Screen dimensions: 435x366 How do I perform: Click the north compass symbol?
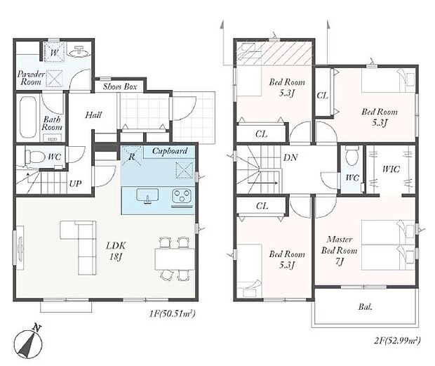click(28, 343)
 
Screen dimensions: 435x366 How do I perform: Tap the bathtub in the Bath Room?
click(28, 117)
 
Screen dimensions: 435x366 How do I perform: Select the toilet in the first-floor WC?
click(35, 157)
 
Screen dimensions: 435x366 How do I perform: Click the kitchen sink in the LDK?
click(147, 195)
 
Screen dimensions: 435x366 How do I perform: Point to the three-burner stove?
click(182, 196)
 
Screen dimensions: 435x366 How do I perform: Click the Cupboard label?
click(170, 151)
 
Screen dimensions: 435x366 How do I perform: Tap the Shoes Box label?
click(120, 86)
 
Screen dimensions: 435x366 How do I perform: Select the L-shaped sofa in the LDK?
click(79, 247)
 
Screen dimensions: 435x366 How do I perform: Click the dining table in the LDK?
click(175, 259)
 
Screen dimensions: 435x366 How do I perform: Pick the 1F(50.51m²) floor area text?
click(172, 314)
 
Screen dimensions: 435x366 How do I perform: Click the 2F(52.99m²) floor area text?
click(397, 341)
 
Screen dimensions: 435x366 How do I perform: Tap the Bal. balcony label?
click(365, 307)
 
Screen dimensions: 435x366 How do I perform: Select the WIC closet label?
click(391, 169)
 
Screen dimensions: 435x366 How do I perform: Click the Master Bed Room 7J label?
click(340, 250)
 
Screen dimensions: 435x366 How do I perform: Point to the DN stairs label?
click(290, 158)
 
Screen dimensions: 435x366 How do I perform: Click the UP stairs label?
click(75, 183)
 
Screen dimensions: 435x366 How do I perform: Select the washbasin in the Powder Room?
click(79, 51)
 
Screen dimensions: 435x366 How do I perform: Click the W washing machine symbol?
click(55, 52)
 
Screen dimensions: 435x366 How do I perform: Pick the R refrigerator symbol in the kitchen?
click(131, 157)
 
